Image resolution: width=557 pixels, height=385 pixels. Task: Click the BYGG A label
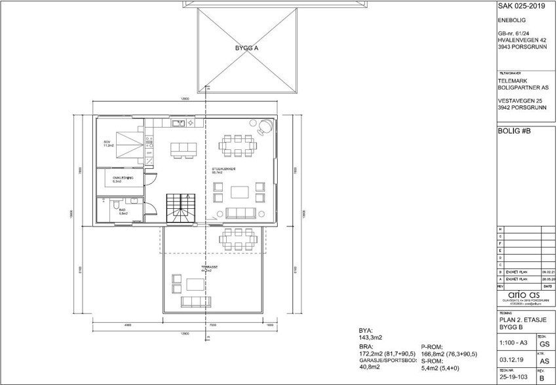point(247,48)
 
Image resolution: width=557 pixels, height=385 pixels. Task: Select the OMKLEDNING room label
point(123,179)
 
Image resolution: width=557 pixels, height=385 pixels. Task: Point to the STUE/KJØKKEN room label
point(223,170)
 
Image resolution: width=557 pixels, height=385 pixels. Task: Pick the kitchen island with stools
point(183,149)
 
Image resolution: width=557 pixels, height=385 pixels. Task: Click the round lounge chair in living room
point(265,126)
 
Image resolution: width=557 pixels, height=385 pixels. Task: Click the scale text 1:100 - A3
point(512,342)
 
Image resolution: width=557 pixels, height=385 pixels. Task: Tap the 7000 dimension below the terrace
point(213,325)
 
